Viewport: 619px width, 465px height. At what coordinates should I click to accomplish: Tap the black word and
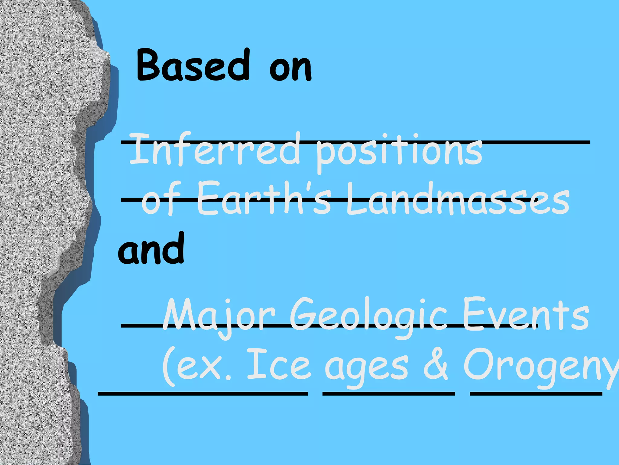coord(151,249)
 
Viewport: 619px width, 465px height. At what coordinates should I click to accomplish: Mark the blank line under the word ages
coord(389,394)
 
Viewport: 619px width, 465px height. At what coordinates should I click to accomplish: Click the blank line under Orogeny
coord(536,394)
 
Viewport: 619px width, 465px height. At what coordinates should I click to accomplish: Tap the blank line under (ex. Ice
coord(203,394)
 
